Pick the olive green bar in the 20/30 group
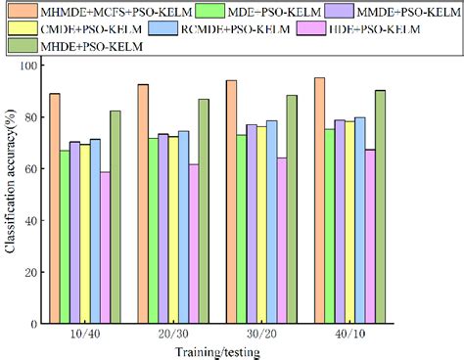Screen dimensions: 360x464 [x=203, y=210]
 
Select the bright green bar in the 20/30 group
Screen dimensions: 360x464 [x=153, y=231]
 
